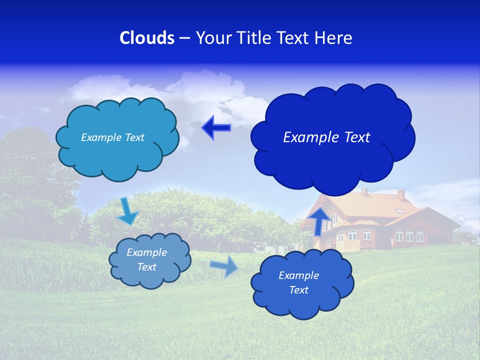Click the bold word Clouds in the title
(x=147, y=38)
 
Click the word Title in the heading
(x=254, y=38)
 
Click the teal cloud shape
(x=118, y=155)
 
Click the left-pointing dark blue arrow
(x=215, y=128)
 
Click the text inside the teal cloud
(x=112, y=137)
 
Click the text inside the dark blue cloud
(x=326, y=137)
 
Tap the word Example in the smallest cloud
(x=146, y=252)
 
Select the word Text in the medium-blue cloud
(x=298, y=290)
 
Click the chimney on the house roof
(x=401, y=194)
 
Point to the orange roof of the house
(x=370, y=205)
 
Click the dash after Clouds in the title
(x=184, y=38)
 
